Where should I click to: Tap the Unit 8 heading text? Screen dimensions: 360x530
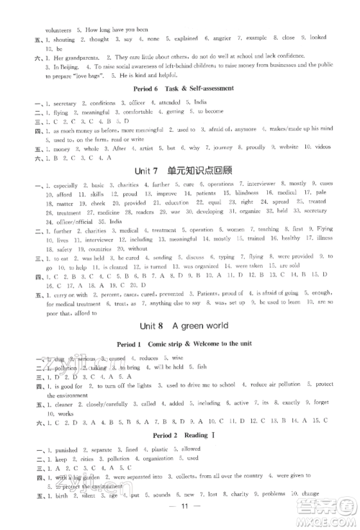(180, 325)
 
